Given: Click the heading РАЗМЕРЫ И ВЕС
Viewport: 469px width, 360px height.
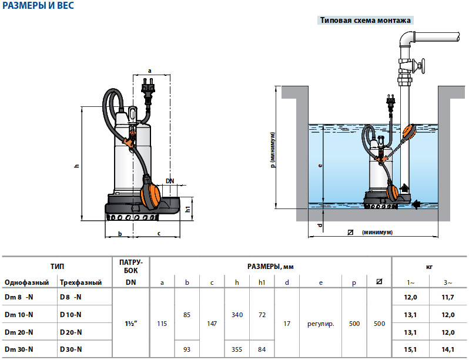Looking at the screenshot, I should click(x=36, y=7).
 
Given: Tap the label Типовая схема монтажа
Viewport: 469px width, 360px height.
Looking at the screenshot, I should click(x=365, y=20).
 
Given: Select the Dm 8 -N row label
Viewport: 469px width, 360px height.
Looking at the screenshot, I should click(x=19, y=298).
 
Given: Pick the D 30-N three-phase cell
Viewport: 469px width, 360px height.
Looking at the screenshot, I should click(x=71, y=349).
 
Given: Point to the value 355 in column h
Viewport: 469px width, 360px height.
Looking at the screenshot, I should click(x=237, y=349).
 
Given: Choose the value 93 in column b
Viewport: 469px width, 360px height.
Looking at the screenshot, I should click(x=187, y=349).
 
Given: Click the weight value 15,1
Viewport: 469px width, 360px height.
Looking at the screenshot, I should click(x=411, y=349).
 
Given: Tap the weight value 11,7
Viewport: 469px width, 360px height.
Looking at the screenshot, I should click(x=449, y=298).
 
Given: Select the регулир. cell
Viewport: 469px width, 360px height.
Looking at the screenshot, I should click(x=321, y=323).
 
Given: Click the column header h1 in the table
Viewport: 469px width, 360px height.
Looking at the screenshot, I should click(x=262, y=282).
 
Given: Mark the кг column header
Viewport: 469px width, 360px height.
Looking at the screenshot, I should click(x=429, y=266).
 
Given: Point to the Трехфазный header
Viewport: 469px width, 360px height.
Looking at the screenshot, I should click(x=81, y=282).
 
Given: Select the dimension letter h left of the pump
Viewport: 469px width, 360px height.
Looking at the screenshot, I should click(x=76, y=166).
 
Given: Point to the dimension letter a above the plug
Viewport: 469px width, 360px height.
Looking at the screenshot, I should click(x=149, y=70).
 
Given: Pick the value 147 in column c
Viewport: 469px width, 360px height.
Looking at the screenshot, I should click(x=212, y=323).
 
